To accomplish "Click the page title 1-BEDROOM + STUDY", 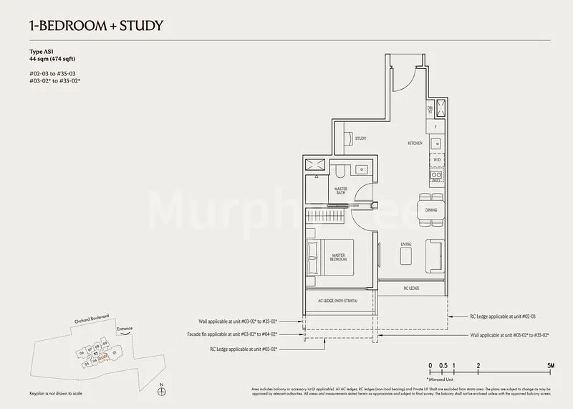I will pyautogui.click(x=97, y=27).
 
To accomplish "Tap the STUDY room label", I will pyautogui.click(x=360, y=138).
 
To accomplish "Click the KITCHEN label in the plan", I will pyautogui.click(x=415, y=144).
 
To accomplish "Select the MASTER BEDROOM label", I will pyautogui.click(x=339, y=257).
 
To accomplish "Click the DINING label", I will pyautogui.click(x=431, y=210).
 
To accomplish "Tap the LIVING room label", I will pyautogui.click(x=406, y=245).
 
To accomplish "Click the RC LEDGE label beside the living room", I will pyautogui.click(x=412, y=288).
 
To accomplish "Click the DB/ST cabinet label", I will pyautogui.click(x=430, y=109).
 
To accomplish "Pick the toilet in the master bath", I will pyautogui.click(x=342, y=171).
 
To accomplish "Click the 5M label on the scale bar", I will pyautogui.click(x=549, y=366).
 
